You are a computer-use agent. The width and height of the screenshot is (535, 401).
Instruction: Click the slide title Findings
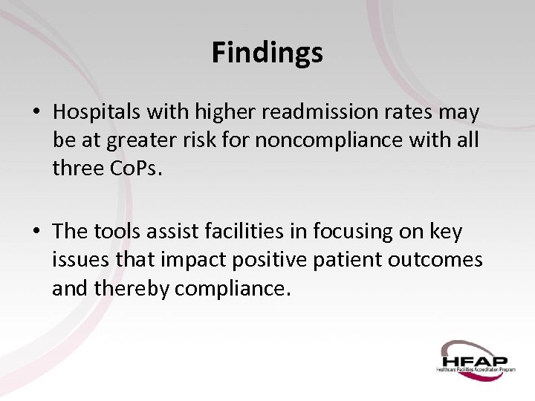click(x=267, y=53)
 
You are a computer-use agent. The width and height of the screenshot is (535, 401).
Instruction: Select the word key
click(x=445, y=232)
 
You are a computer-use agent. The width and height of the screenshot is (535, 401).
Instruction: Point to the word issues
click(x=79, y=260)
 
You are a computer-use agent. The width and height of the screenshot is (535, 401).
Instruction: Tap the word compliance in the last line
click(x=231, y=287)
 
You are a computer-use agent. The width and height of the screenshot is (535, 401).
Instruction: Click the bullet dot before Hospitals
click(x=36, y=113)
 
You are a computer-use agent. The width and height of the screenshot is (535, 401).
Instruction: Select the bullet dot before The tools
click(x=36, y=232)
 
